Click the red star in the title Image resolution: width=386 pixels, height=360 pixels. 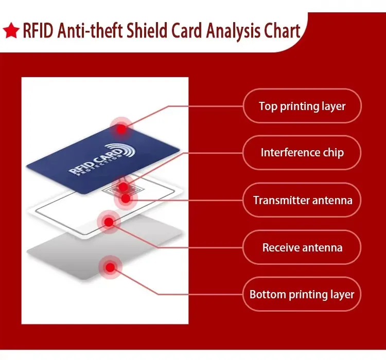(x=11, y=31)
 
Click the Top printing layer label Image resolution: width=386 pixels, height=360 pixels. (x=302, y=106)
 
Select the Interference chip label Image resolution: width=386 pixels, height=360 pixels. (x=302, y=153)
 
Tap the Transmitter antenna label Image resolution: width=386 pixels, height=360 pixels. (x=302, y=200)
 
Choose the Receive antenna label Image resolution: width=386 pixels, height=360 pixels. (x=302, y=247)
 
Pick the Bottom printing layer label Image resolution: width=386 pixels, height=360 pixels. (x=302, y=295)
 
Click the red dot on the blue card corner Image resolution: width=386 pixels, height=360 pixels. (x=121, y=129)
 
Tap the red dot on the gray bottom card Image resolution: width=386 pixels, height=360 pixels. (x=110, y=267)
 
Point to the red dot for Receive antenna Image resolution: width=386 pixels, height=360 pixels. (x=109, y=222)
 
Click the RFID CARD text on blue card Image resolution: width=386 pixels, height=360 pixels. (x=95, y=163)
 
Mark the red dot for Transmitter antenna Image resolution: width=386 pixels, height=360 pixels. (x=125, y=198)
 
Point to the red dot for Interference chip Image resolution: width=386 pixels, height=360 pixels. (x=123, y=187)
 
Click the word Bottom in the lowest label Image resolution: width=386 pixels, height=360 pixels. (x=267, y=295)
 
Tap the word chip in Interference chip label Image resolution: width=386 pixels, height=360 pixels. (x=332, y=153)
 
